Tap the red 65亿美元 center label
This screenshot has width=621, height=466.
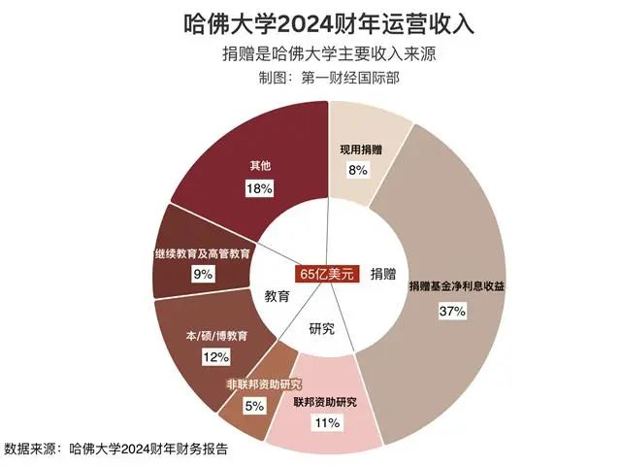[x=330, y=274]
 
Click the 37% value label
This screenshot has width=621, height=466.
[x=453, y=312]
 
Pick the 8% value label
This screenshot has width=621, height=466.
[x=358, y=170]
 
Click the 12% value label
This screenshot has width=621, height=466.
[x=214, y=357]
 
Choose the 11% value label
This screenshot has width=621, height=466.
[x=325, y=423]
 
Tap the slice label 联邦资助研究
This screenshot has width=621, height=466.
[x=325, y=402]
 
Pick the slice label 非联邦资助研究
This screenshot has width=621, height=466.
[x=263, y=384]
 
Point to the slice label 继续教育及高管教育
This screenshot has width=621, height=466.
[x=203, y=252]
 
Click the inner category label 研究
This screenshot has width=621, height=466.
[x=322, y=328]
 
